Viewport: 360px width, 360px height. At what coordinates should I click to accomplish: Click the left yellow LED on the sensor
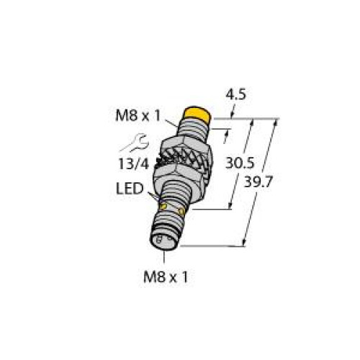(x=163, y=208)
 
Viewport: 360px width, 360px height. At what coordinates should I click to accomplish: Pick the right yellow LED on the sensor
(x=189, y=212)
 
